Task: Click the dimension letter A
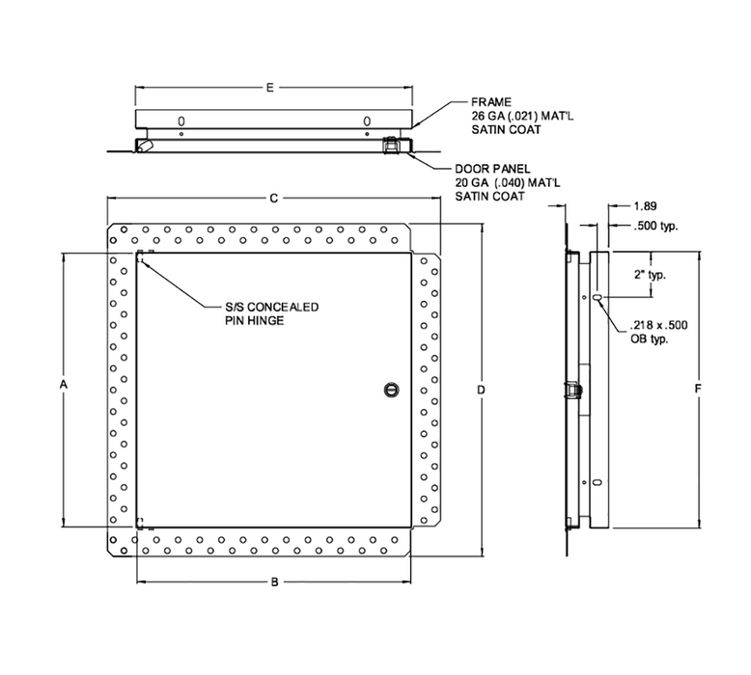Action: coord(63,386)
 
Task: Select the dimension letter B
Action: coord(274,582)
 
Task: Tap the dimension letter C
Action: coord(274,199)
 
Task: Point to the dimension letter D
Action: coord(480,389)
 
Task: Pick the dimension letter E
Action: coord(270,89)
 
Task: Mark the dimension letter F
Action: coord(698,389)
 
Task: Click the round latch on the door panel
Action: coord(391,389)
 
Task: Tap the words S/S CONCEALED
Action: coord(264,308)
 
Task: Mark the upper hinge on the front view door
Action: coord(141,256)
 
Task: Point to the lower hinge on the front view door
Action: coord(141,524)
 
